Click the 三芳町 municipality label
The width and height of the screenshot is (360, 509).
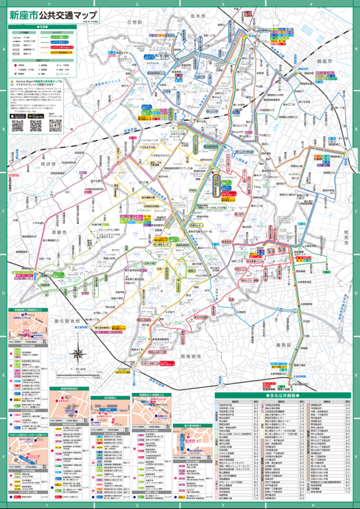pos(134,22)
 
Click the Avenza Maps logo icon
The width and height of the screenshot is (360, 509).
pos(13,82)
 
